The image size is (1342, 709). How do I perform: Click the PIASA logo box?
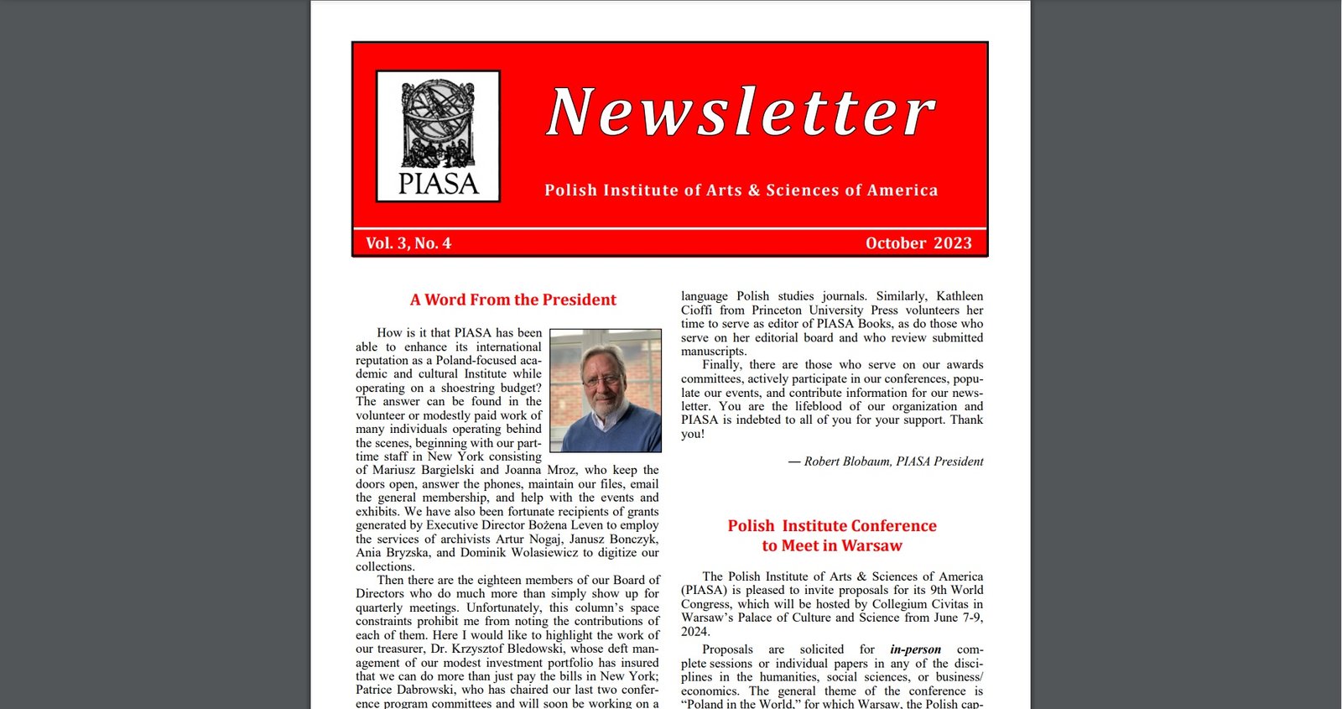pyautogui.click(x=438, y=136)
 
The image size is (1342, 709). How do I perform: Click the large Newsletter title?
pyautogui.click(x=741, y=112)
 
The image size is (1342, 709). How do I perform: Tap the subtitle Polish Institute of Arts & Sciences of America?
pyautogui.click(x=741, y=190)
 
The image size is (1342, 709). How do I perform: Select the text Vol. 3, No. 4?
pyautogui.click(x=408, y=243)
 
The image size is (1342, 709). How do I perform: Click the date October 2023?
pyautogui.click(x=918, y=243)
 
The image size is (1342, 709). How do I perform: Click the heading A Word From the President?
pyautogui.click(x=512, y=300)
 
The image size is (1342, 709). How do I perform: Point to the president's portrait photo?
pyautogui.click(x=605, y=390)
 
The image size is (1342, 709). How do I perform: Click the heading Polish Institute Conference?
pyautogui.click(x=832, y=526)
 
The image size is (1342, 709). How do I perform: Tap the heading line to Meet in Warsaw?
pyautogui.click(x=832, y=546)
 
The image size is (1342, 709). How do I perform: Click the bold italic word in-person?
pyautogui.click(x=915, y=649)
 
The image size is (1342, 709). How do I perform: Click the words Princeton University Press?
pyautogui.click(x=824, y=310)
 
